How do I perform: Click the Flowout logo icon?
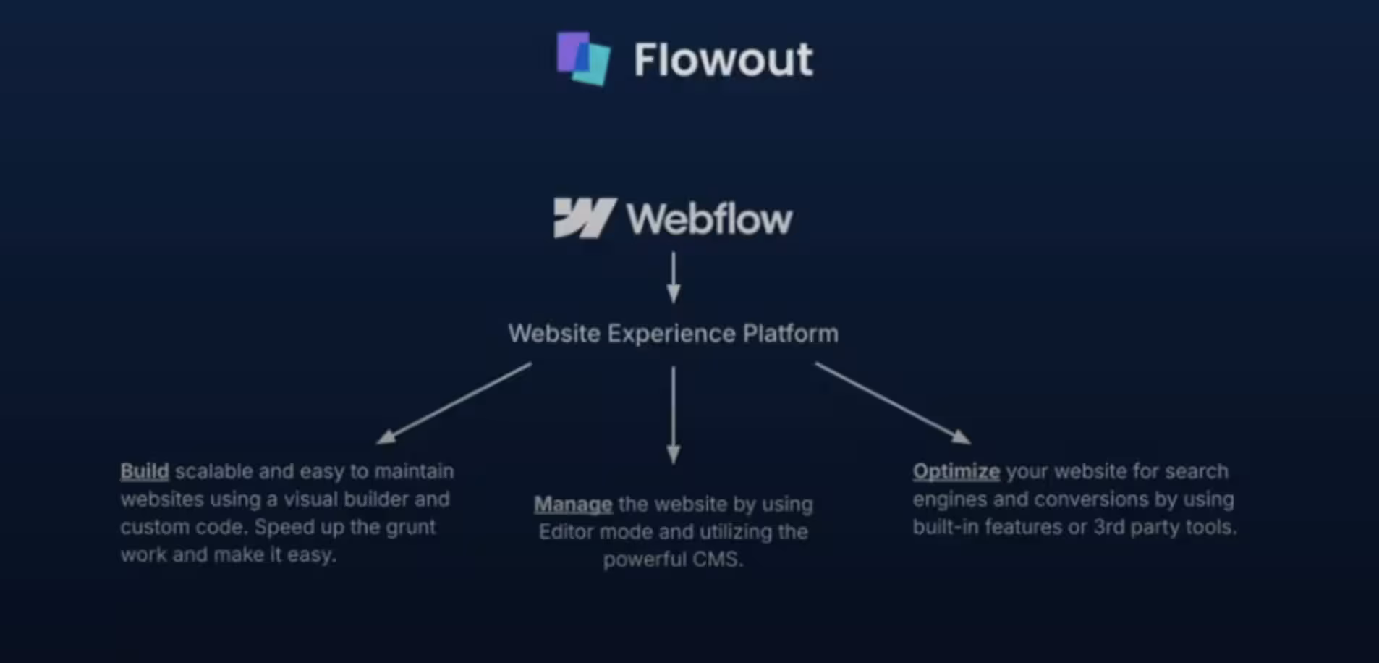point(583,58)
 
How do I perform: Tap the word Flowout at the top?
point(723,59)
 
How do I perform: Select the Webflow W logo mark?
point(584,218)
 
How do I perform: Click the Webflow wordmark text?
point(709,219)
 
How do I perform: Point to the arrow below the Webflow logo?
point(674,277)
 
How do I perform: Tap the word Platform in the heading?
point(790,334)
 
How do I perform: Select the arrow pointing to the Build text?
point(454,403)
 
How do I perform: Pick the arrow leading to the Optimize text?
point(893,403)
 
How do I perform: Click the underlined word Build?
point(145,472)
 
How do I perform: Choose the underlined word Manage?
point(573,504)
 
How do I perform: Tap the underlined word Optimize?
point(956,472)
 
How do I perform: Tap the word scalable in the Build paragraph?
point(214,472)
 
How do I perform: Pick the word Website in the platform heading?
point(554,334)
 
